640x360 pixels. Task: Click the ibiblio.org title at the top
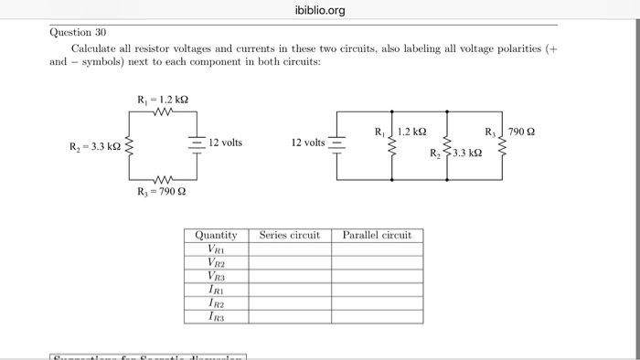[320, 10]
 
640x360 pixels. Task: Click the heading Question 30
[78, 31]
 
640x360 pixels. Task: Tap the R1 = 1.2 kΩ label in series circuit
[163, 99]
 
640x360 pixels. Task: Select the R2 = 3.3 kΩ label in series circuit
[95, 146]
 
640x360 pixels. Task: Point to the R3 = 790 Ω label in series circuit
[162, 192]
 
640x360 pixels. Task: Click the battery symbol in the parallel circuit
[336, 143]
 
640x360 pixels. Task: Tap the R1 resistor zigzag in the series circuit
[163, 114]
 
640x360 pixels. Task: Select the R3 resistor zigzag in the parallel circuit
[499, 144]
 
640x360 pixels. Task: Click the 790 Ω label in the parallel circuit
[523, 132]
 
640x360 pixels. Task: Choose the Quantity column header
[216, 235]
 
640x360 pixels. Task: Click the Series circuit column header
[290, 235]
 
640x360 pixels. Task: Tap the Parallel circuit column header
[377, 235]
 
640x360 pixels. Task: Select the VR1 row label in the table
[216, 249]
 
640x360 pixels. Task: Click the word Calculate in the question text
[95, 48]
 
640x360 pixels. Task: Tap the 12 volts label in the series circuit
[225, 143]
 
